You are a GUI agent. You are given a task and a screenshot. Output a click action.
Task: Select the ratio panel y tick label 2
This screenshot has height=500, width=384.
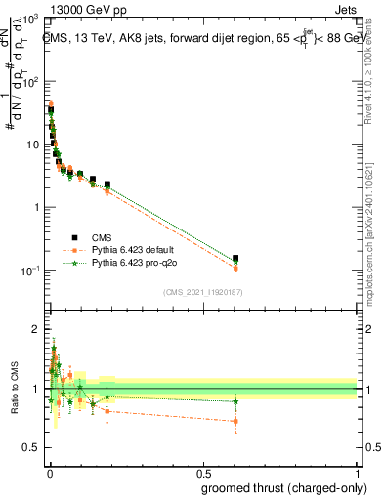point(35,329)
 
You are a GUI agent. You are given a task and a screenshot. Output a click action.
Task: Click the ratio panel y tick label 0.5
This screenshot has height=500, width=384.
point(31,448)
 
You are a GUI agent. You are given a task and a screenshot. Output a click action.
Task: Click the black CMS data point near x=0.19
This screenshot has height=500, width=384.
point(107,185)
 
